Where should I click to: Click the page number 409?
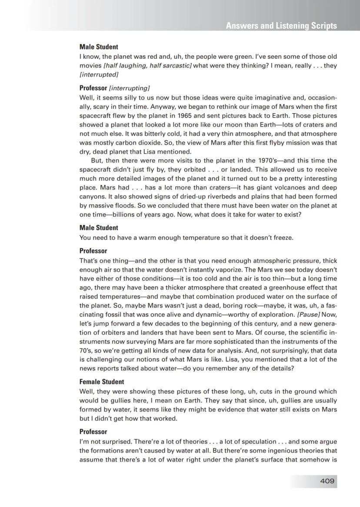[x=327, y=481]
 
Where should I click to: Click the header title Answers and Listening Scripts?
[x=281, y=26]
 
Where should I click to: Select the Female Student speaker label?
[x=102, y=382]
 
